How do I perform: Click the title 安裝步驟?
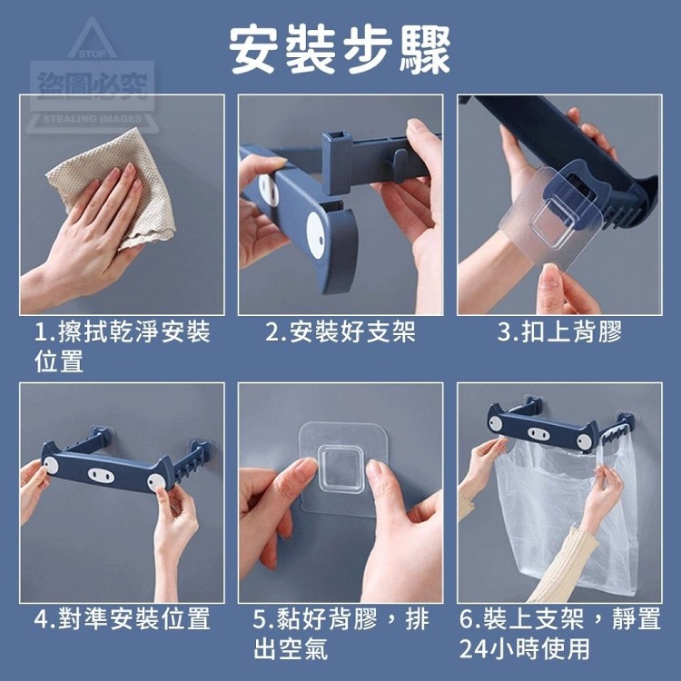pyautogui.click(x=340, y=50)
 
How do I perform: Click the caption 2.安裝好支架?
pyautogui.click(x=340, y=331)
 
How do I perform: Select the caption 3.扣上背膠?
pyautogui.click(x=560, y=331)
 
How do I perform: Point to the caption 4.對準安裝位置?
pyautogui.click(x=122, y=618)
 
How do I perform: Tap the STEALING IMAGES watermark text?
pyautogui.click(x=93, y=119)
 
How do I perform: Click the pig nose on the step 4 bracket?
pyautogui.click(x=101, y=475)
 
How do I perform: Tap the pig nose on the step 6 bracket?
pyautogui.click(x=538, y=433)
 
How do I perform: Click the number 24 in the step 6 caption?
pyautogui.click(x=473, y=649)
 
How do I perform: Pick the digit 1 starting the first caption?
pyautogui.click(x=40, y=332)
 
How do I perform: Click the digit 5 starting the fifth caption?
pyautogui.click(x=259, y=619)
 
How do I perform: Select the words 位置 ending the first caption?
pyautogui.click(x=59, y=360)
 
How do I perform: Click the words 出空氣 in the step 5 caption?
pyautogui.click(x=291, y=648)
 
